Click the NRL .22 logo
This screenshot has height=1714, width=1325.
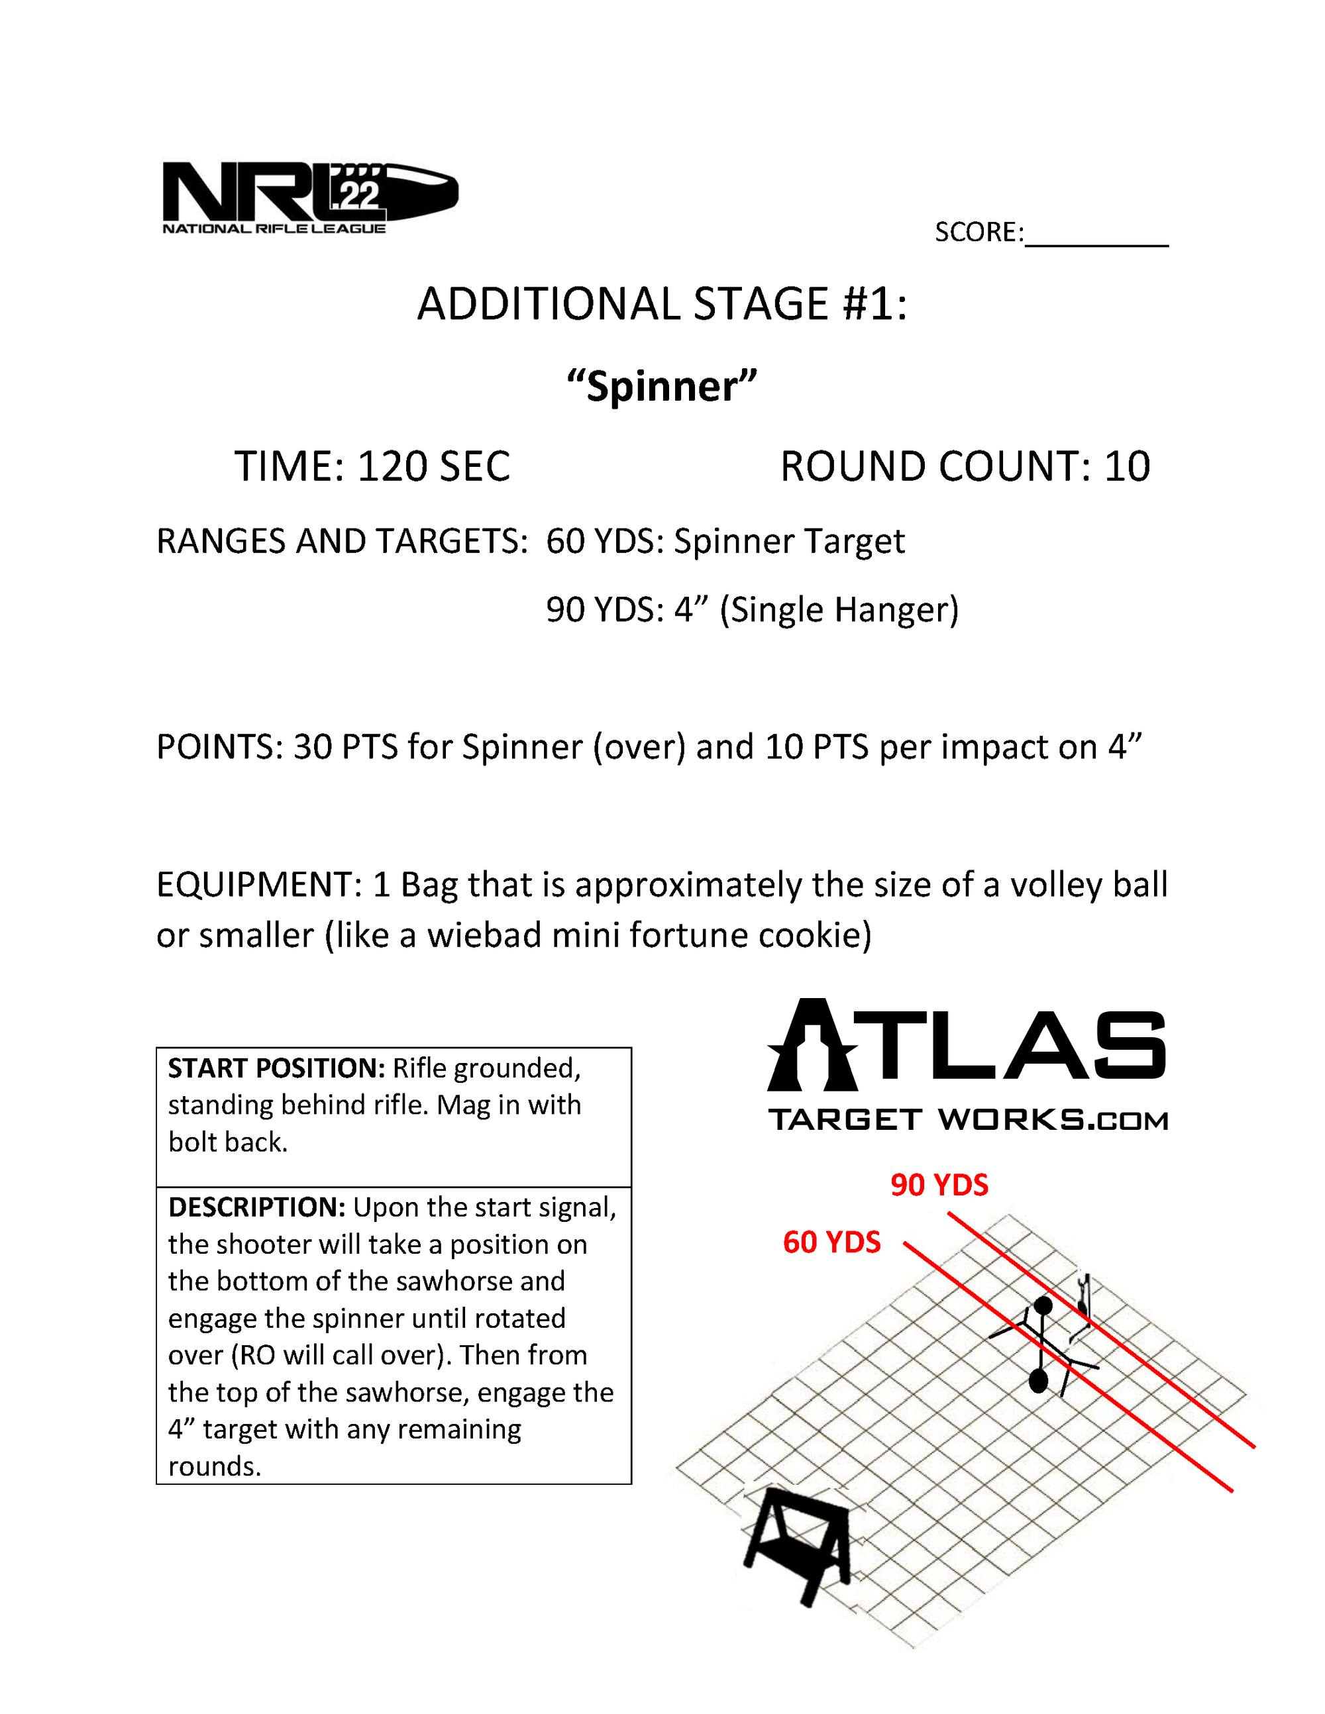(309, 196)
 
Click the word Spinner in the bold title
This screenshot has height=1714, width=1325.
(662, 387)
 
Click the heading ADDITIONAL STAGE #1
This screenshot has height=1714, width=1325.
(662, 305)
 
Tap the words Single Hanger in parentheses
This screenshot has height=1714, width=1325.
(839, 611)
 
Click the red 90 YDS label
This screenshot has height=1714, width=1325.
(939, 1185)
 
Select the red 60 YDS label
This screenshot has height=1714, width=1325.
(831, 1242)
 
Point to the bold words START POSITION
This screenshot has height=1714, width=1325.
(276, 1069)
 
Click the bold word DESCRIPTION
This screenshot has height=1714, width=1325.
(256, 1208)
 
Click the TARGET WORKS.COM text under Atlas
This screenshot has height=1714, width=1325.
(968, 1120)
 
